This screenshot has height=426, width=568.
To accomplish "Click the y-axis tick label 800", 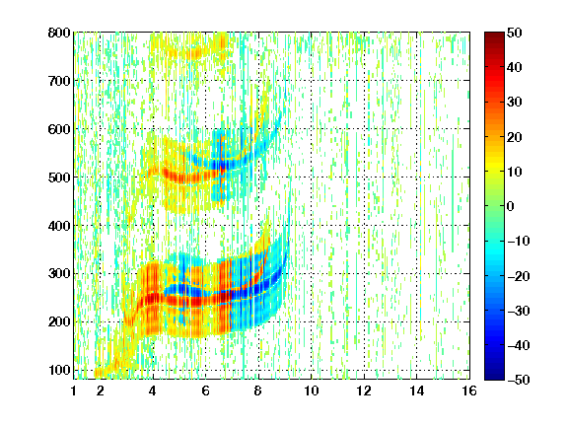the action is click(59, 33).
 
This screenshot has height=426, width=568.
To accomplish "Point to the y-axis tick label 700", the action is click(59, 81).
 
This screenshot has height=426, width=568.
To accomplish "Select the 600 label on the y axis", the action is click(59, 129).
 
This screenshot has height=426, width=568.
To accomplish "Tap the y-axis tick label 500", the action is click(59, 177).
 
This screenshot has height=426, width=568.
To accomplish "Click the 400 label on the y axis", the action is click(59, 226).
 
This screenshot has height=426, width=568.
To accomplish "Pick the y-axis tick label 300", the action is click(59, 273).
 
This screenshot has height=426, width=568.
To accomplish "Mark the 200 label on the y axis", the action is click(59, 321).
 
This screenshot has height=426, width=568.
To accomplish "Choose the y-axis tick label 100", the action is click(59, 370).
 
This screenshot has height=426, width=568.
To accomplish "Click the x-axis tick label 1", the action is click(74, 390).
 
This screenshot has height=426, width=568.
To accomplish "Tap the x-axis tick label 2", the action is click(100, 390).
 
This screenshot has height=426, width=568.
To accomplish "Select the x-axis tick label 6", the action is click(205, 390).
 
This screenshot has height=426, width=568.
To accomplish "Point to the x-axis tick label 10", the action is click(311, 390).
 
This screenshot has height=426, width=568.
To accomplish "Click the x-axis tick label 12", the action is click(364, 390).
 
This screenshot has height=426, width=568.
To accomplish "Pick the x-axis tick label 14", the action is click(416, 390).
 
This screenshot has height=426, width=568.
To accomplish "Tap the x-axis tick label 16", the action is click(469, 390).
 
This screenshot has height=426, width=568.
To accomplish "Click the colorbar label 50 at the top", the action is click(514, 33).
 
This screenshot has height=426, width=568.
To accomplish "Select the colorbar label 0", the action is click(511, 206).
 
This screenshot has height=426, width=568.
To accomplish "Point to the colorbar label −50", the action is click(519, 380).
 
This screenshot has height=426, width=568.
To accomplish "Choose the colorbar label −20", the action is click(519, 276).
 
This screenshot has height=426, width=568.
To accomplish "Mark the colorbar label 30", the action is click(514, 102).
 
